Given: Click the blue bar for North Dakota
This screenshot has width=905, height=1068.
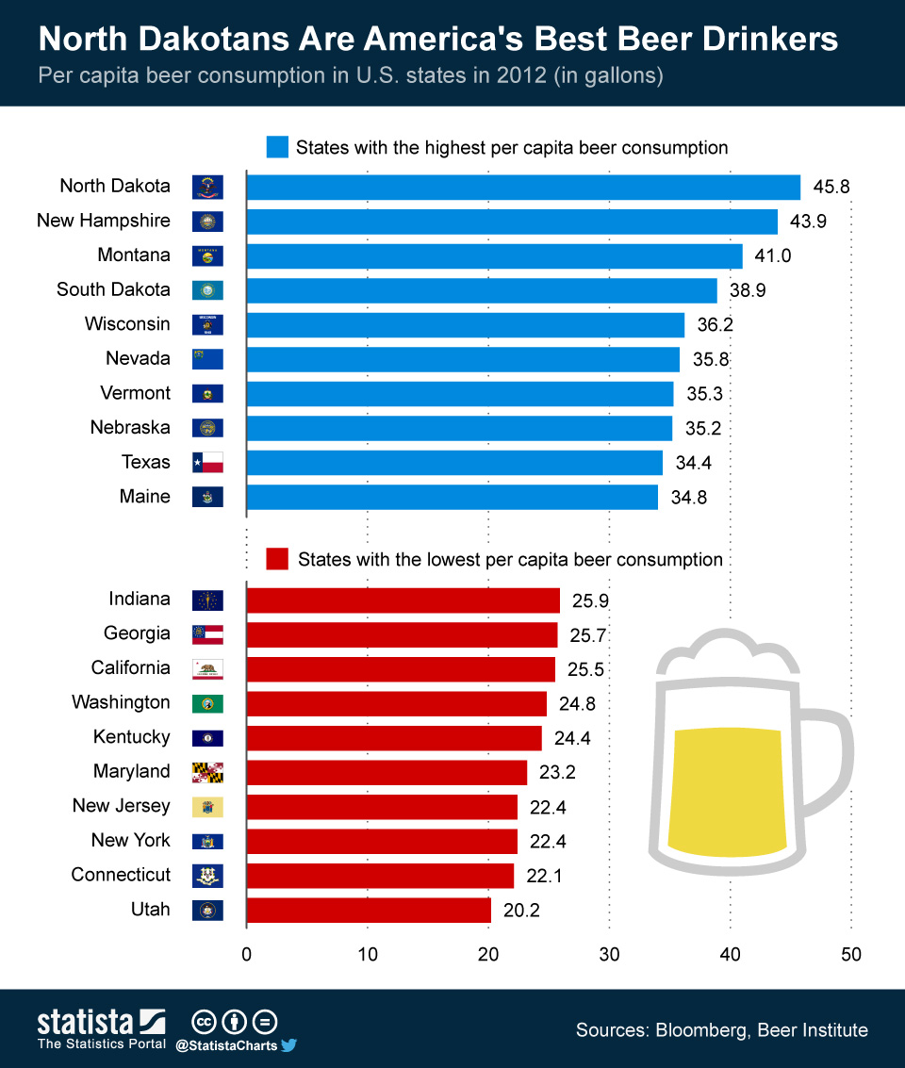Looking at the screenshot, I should tap(522, 187).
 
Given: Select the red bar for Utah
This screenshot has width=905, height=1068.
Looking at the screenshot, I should tap(368, 910).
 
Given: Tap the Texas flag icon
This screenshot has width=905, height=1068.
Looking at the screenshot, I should tap(207, 462).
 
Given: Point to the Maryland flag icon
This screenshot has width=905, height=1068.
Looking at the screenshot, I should tap(207, 772).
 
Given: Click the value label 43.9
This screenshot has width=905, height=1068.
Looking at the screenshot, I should tap(808, 221).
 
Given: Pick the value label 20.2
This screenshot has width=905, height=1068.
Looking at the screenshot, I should tap(520, 910).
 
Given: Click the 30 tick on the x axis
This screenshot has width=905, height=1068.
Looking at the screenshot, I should tap(609, 954).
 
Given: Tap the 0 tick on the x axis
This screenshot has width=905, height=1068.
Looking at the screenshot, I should tap(246, 954).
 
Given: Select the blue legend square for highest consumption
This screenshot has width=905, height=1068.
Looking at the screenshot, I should tap(277, 147).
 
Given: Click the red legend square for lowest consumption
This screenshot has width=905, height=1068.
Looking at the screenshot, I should tap(277, 559).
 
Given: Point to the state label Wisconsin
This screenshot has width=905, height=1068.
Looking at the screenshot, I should tap(127, 324).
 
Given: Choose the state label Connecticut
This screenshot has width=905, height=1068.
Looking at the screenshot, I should tap(121, 875).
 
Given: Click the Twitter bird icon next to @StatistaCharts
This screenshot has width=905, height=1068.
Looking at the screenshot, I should tap(289, 1044).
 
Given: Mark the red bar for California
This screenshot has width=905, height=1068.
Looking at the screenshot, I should tap(400, 668).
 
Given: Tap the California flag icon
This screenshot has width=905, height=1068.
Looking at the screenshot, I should tap(207, 668).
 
